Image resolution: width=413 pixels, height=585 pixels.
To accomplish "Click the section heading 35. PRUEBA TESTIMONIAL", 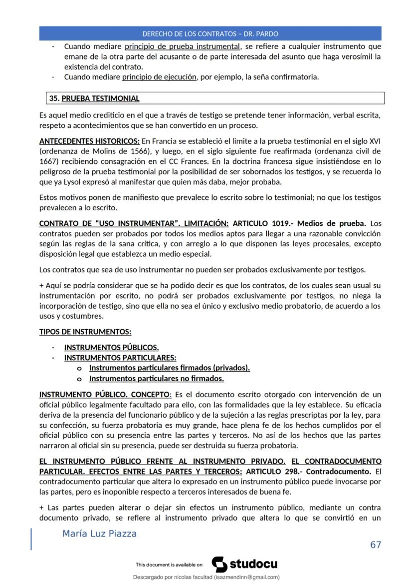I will click(x=94, y=98).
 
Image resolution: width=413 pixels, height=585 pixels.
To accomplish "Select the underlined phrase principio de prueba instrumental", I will click(x=182, y=46).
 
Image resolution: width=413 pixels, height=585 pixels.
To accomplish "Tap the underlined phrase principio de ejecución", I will click(x=159, y=77).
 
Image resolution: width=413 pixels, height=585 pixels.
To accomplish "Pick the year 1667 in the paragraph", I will click(x=49, y=161).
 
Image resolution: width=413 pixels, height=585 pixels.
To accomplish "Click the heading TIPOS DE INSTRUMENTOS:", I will click(x=85, y=332).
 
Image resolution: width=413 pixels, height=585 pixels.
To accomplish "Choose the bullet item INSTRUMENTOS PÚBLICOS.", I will click(x=112, y=347).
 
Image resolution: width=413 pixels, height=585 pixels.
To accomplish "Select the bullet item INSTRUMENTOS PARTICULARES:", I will click(x=120, y=358).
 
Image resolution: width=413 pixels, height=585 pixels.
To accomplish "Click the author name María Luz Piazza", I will click(x=99, y=534).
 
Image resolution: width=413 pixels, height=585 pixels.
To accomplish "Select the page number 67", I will click(x=376, y=545).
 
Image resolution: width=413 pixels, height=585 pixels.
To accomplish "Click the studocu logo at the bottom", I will click(x=245, y=565).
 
